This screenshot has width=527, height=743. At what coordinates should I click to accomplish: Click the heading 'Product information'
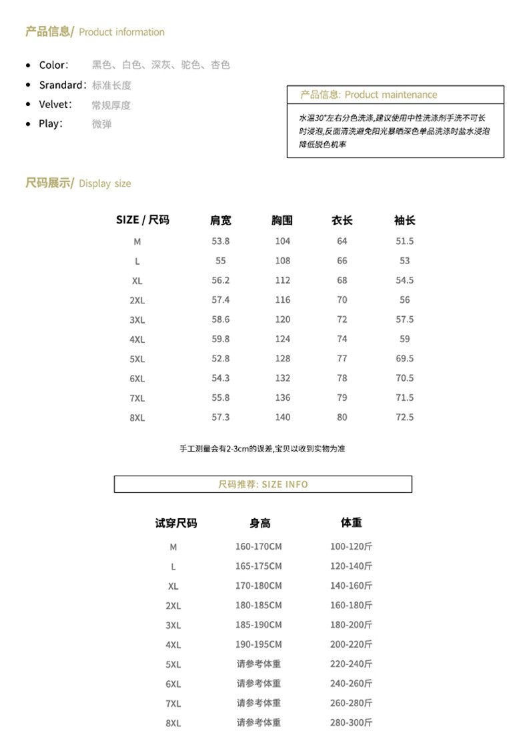pyautogui.click(x=95, y=32)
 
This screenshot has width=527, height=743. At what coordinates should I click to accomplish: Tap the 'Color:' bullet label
pyautogui.click(x=53, y=65)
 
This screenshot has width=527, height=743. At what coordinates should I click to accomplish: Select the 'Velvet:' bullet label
pyautogui.click(x=55, y=105)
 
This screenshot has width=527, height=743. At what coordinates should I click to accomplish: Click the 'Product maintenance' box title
pyautogui.click(x=368, y=95)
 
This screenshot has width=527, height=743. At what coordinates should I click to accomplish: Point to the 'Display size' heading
pyautogui.click(x=78, y=183)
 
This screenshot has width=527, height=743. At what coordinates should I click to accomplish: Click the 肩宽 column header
pyautogui.click(x=221, y=220)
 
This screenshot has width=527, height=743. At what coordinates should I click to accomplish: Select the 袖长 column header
pyautogui.click(x=404, y=220)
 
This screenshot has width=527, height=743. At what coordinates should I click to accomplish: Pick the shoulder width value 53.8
pyautogui.click(x=221, y=241)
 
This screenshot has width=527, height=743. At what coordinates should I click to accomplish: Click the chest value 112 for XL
pyautogui.click(x=283, y=280)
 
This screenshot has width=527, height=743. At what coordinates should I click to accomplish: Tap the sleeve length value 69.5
pyautogui.click(x=404, y=358)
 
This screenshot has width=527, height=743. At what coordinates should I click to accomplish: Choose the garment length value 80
pyautogui.click(x=342, y=417)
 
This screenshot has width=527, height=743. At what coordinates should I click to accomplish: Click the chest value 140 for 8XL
pyautogui.click(x=283, y=417)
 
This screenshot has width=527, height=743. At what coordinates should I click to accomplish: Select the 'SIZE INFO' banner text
pyautogui.click(x=263, y=484)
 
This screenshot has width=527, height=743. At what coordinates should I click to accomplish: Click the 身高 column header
pyautogui.click(x=260, y=524)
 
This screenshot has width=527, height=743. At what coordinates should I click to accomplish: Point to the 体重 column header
pyautogui.click(x=351, y=523)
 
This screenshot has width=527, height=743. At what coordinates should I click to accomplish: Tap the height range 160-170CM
pyautogui.click(x=259, y=547)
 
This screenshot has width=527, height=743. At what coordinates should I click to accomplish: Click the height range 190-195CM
pyautogui.click(x=259, y=644)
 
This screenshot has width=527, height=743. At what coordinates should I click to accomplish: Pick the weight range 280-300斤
pyautogui.click(x=351, y=722)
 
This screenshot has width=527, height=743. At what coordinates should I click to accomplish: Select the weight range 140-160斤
pyautogui.click(x=351, y=586)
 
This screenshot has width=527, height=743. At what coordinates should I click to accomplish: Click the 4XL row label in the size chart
pyautogui.click(x=137, y=339)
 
